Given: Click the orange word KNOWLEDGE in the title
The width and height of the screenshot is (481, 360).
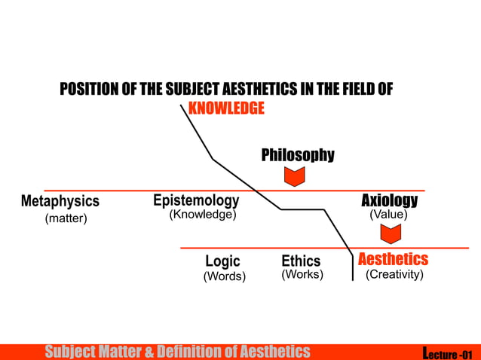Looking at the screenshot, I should click(x=226, y=108).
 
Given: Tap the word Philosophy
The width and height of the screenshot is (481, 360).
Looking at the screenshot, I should click(x=298, y=155).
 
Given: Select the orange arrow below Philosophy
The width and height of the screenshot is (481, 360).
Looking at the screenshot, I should click(x=294, y=177).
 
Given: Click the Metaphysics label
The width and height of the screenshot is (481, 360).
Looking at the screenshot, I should click(x=60, y=202).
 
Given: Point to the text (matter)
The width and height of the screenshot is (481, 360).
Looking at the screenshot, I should click(x=66, y=218).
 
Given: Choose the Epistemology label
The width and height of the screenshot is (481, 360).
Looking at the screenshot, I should click(x=196, y=200).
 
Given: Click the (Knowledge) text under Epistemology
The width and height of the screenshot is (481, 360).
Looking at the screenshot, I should click(x=202, y=215).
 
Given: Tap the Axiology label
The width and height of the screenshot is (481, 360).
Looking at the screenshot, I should click(x=389, y=200).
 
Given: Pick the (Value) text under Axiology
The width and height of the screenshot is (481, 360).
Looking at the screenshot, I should click(x=388, y=215).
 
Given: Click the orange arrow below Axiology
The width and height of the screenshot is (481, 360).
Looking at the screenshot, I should click(x=390, y=234).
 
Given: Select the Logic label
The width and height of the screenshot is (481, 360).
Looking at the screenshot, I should click(x=222, y=261).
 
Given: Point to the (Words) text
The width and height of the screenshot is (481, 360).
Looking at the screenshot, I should click(x=225, y=276).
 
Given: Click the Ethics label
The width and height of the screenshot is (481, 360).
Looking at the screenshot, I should click(x=301, y=261).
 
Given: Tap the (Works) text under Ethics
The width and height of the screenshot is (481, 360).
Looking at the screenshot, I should click(x=302, y=275).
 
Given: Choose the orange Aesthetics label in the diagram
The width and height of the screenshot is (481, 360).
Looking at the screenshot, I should click(x=393, y=259).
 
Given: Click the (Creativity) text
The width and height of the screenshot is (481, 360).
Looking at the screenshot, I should click(x=394, y=275).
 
